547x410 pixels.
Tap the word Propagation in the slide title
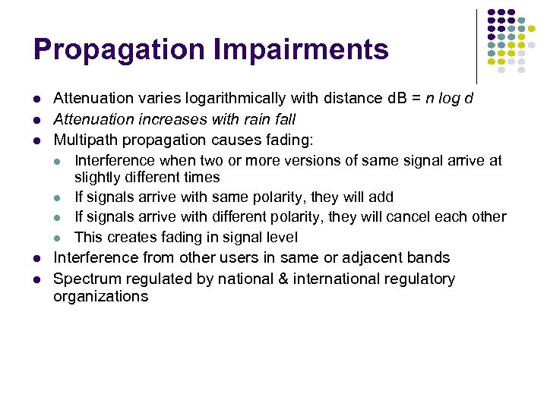pyautogui.click(x=119, y=50)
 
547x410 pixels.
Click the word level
pyautogui.click(x=282, y=238)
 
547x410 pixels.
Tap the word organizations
pyautogui.click(x=100, y=296)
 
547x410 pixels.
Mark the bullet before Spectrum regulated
pyautogui.click(x=37, y=279)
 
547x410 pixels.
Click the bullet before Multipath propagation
pyautogui.click(x=37, y=140)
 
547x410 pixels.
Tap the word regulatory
pyautogui.click(x=419, y=279)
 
